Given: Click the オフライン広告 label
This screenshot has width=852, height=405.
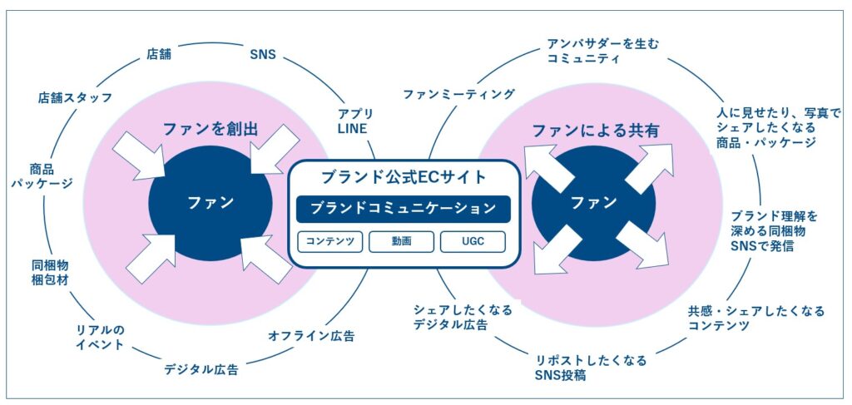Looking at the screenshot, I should [311, 336].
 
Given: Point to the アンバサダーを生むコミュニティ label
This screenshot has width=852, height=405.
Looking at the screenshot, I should [602, 52].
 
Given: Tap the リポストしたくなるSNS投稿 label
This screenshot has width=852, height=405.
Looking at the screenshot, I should [592, 368].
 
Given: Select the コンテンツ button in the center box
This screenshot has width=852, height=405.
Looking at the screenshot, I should [331, 242].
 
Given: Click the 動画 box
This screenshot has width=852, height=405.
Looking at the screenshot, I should [403, 242].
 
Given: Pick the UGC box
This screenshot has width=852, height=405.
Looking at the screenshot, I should [473, 242].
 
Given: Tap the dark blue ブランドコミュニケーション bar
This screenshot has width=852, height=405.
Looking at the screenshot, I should [403, 209].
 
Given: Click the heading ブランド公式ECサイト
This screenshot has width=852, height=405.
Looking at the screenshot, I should [403, 176].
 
